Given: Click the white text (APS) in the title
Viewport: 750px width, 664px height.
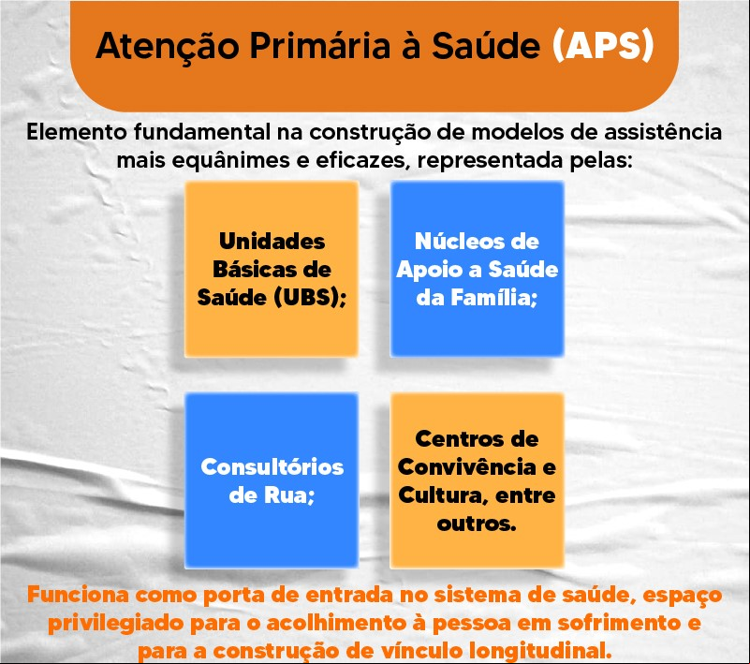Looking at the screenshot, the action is pos(603,46).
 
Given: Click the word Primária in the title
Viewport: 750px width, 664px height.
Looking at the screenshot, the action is pos(320,46).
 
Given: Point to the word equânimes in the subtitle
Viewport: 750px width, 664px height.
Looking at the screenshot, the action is pos(230,161).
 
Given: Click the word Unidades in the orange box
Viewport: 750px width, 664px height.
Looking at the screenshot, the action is pos(272,241).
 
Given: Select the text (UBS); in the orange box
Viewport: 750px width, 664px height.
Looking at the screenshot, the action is pos(310,298).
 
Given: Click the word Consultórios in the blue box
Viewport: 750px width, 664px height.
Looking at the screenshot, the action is pos(272,467).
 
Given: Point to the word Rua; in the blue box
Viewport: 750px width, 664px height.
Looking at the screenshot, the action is pos(289,495).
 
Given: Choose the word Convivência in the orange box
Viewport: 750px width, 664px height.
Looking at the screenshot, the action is pos(467,467).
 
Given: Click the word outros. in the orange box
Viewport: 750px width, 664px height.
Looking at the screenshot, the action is pos(477,524).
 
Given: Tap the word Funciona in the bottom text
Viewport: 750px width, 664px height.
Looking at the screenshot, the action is pos(78,595).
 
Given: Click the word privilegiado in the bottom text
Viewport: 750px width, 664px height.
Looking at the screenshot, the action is pos(115,624).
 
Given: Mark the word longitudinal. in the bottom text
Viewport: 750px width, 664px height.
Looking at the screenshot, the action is pos(540,651).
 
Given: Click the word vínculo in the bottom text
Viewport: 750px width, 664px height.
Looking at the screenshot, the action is pos(422,651).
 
